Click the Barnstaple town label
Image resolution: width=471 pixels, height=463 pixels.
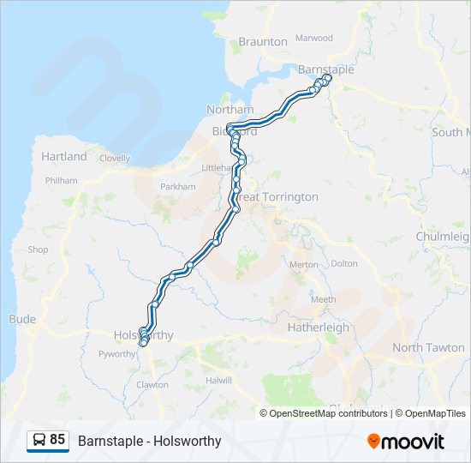click(x=325, y=69)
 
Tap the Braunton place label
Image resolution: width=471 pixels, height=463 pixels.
click(x=263, y=41)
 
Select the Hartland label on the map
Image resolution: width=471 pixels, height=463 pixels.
click(x=64, y=156)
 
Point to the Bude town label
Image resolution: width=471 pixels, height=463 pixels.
click(x=22, y=319)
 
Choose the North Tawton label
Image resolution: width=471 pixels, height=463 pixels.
click(x=428, y=347)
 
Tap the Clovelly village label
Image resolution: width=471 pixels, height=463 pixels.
click(x=114, y=159)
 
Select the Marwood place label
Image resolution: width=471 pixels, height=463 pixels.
click(x=313, y=38)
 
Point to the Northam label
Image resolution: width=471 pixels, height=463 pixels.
click(x=230, y=110)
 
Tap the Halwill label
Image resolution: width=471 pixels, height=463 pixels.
click(x=218, y=380)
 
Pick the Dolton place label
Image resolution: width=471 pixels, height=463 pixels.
click(x=344, y=264)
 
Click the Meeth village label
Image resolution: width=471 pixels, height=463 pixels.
click(x=323, y=299)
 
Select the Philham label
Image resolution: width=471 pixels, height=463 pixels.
click(x=62, y=181)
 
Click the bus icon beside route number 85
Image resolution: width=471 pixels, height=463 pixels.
click(x=39, y=441)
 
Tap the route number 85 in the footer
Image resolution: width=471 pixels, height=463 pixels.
click(x=57, y=440)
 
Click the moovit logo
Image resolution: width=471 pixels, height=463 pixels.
click(x=406, y=442)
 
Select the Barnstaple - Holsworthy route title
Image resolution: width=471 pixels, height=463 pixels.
click(x=150, y=442)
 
